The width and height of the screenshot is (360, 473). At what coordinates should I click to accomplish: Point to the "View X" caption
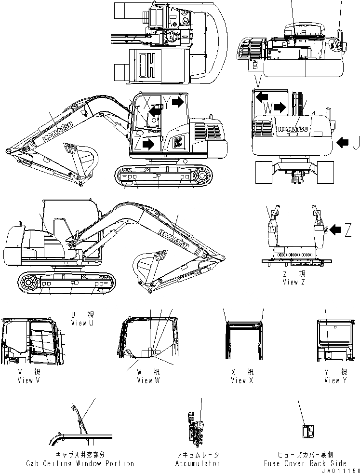(x=239, y=380)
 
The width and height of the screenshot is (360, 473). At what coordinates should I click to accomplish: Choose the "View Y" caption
(x=332, y=380)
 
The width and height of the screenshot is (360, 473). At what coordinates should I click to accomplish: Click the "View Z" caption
(x=294, y=282)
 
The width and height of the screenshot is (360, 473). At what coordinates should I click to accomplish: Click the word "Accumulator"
(x=197, y=463)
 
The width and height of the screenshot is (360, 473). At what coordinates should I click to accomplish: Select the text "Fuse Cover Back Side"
(x=305, y=463)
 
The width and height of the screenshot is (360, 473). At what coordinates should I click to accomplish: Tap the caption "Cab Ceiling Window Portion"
(x=80, y=463)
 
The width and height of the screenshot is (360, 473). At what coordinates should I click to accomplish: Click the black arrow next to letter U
(x=343, y=142)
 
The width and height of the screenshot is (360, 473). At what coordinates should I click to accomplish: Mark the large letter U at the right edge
(x=355, y=142)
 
